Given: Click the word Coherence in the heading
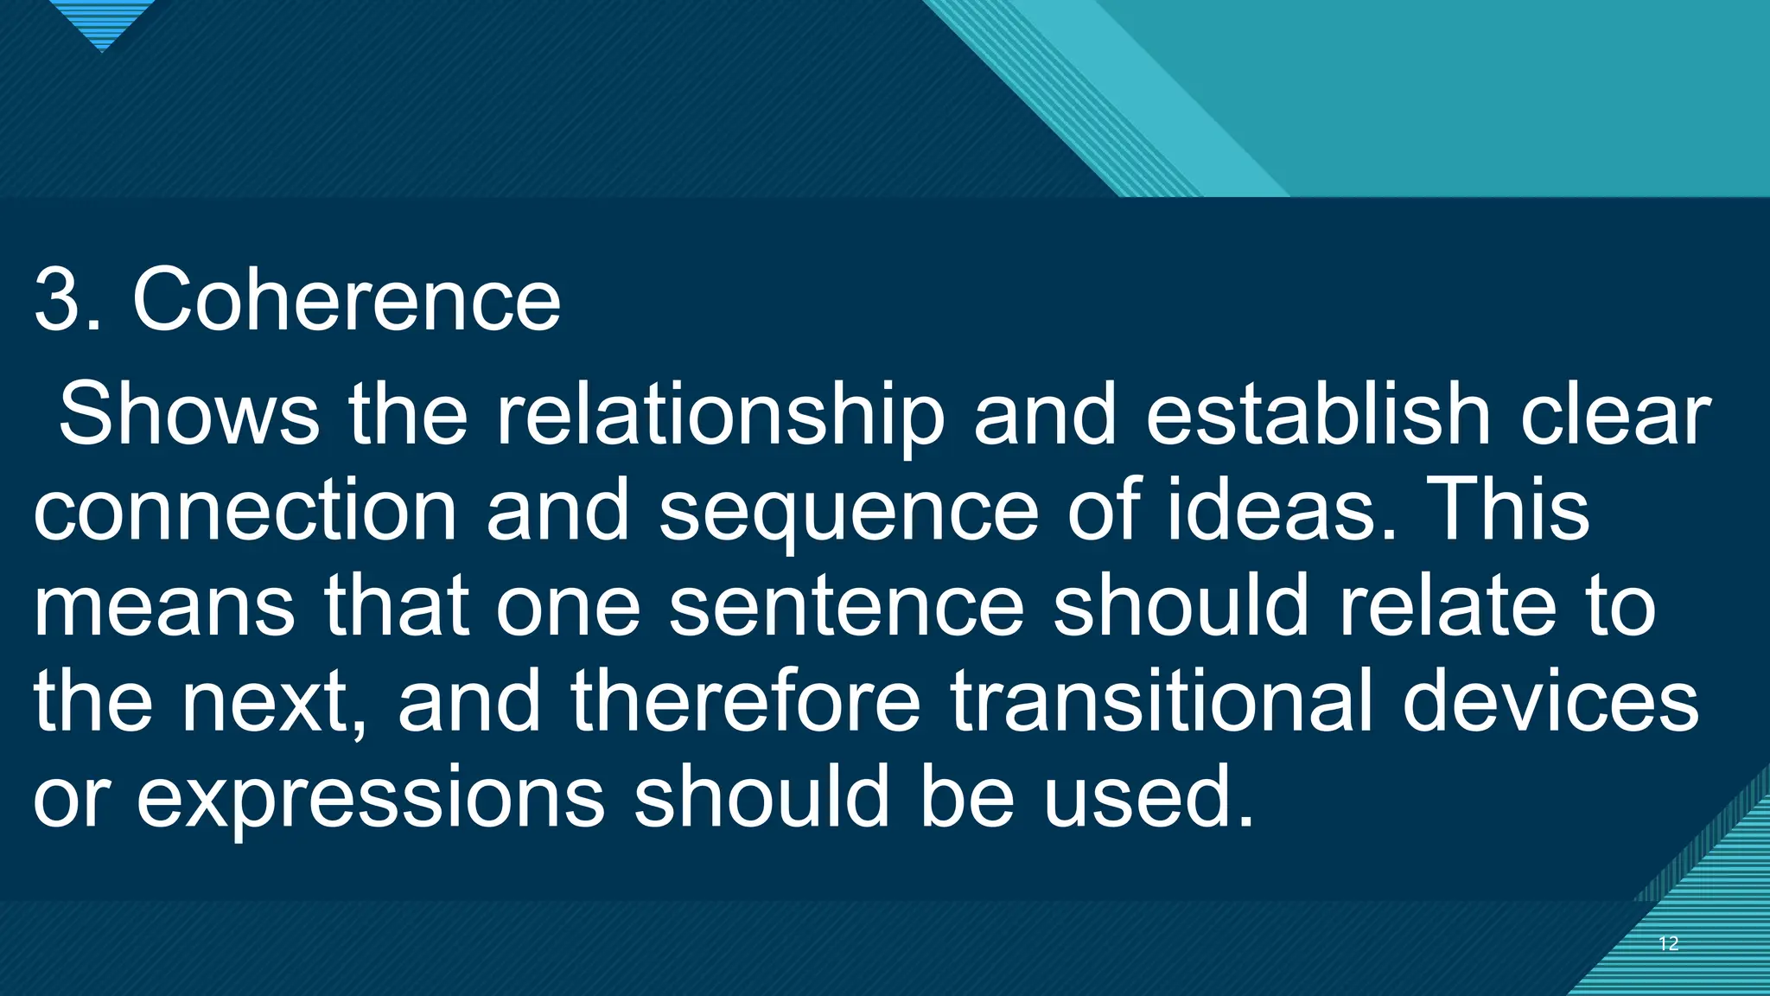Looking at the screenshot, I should pyautogui.click(x=347, y=300).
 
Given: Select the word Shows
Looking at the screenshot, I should pyautogui.click(x=188, y=415).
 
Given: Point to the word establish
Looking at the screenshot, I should pyautogui.click(x=1318, y=415).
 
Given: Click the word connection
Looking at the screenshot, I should pyautogui.click(x=245, y=510).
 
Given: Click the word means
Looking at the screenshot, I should pyautogui.click(x=164, y=607).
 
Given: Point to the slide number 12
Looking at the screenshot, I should pyautogui.click(x=1669, y=943).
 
